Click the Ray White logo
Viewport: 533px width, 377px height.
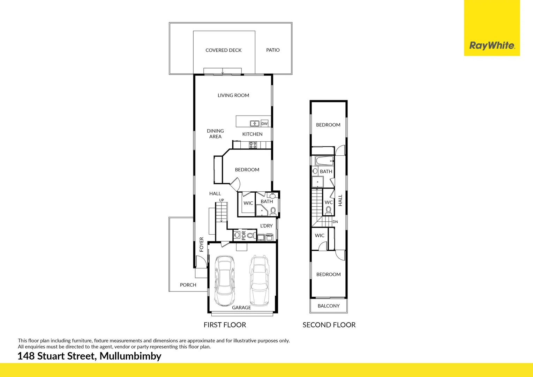click(x=492, y=45)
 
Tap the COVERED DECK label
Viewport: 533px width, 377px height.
click(x=224, y=50)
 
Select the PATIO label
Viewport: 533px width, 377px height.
click(x=273, y=50)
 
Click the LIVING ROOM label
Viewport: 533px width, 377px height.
click(x=233, y=95)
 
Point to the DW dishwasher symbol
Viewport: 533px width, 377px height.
click(x=264, y=124)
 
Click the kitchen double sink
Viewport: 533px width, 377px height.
click(x=255, y=123)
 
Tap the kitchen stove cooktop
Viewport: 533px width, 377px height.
click(x=253, y=145)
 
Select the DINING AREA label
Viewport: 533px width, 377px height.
click(x=215, y=134)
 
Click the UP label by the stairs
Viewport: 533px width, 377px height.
click(x=222, y=200)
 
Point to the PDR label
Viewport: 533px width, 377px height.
click(x=244, y=235)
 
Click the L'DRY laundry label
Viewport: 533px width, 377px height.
click(x=266, y=226)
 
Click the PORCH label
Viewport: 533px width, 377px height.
click(x=188, y=285)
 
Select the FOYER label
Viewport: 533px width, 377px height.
click(x=201, y=244)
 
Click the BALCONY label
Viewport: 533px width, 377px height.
click(x=329, y=306)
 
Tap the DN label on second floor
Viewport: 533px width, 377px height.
click(x=335, y=222)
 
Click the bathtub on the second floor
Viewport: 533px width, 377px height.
click(x=324, y=161)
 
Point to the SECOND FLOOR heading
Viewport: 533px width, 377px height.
click(x=329, y=325)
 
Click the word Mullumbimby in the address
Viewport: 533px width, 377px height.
click(x=130, y=356)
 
